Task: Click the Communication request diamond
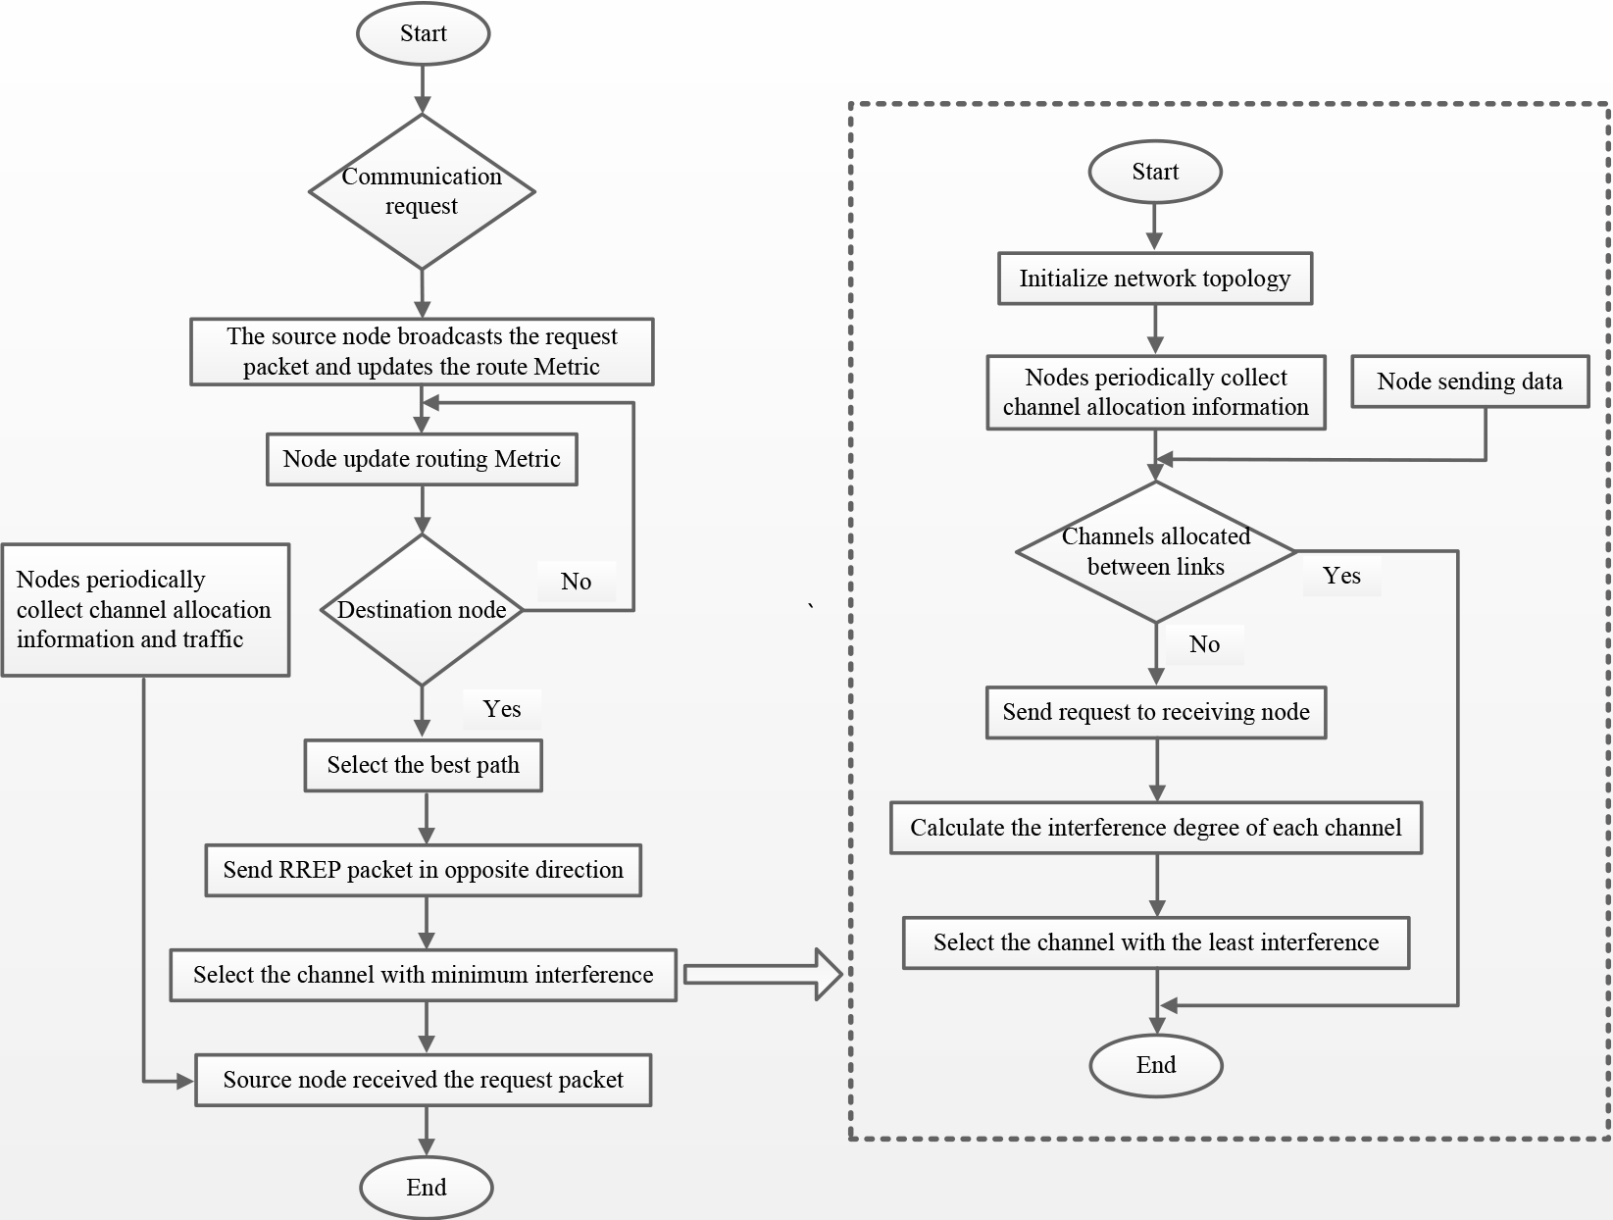tap(422, 191)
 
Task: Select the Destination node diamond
tap(422, 609)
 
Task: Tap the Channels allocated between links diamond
tap(1156, 551)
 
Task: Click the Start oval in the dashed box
tap(1155, 172)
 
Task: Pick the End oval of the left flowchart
tap(427, 1187)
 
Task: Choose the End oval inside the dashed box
tap(1156, 1065)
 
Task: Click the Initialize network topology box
tap(1155, 279)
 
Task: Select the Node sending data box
tap(1470, 381)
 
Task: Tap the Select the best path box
tap(424, 765)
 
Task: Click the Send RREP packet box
tap(424, 870)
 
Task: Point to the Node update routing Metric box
tap(422, 459)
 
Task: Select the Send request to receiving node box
tap(1156, 712)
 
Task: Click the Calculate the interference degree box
tap(1156, 828)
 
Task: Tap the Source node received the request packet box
tap(424, 1080)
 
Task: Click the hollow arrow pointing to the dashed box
tap(763, 975)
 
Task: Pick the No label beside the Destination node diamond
tap(577, 582)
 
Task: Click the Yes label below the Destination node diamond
tap(502, 708)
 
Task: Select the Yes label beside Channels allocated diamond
tap(1341, 576)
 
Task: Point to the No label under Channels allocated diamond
tap(1204, 644)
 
